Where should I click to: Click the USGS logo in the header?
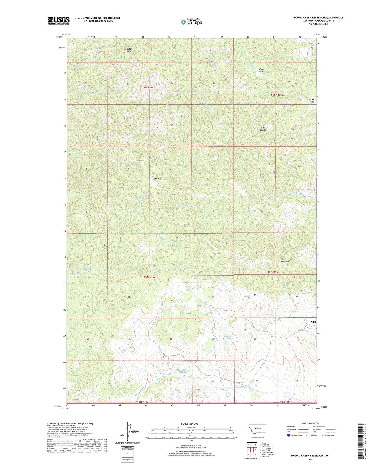pyautogui.click(x=58, y=21)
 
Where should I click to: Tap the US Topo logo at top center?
pyautogui.click(x=191, y=22)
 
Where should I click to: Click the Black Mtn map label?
pyautogui.click(x=129, y=50)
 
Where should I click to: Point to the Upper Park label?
pyautogui.click(x=262, y=70)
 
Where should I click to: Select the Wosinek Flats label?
pyautogui.click(x=310, y=100)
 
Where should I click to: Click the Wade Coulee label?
pyautogui.click(x=263, y=129)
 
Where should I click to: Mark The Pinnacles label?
pyautogui.click(x=284, y=260)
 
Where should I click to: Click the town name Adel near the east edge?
pyautogui.click(x=313, y=322)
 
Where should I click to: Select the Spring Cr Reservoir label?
pyautogui.click(x=228, y=337)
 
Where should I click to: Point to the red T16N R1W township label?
pyautogui.click(x=147, y=87)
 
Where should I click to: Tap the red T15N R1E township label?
pyautogui.click(x=272, y=272)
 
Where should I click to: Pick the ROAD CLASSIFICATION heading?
pyautogui.click(x=310, y=423)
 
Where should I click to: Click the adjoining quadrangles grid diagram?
pyautogui.click(x=252, y=450)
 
